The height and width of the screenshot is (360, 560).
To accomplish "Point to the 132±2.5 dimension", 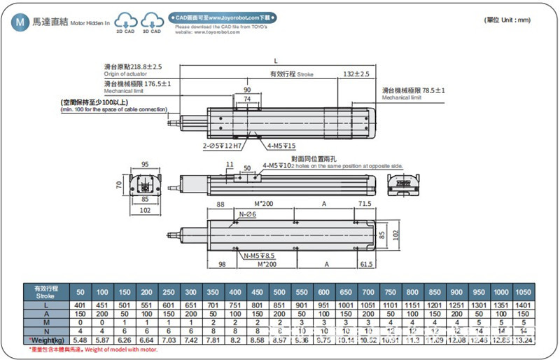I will pos(356,74).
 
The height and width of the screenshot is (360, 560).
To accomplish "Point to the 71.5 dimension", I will pos(364,204).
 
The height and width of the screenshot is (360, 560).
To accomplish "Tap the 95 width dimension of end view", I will pos(145,165).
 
